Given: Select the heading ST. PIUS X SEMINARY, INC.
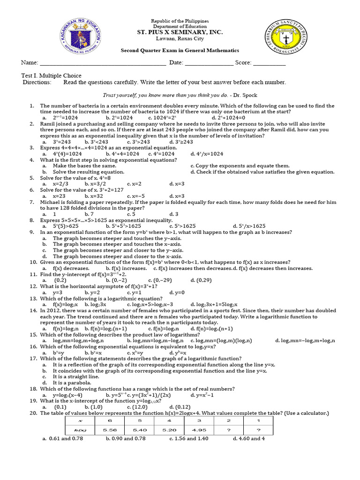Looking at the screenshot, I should tap(180, 32).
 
